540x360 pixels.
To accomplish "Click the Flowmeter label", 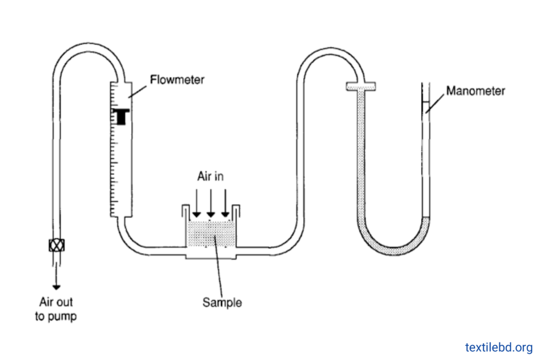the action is (x=177, y=80).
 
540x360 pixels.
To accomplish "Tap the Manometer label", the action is (x=476, y=91).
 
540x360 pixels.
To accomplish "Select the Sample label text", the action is (x=222, y=303).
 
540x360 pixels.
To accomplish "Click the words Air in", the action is (x=210, y=176).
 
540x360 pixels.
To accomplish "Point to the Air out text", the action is (x=56, y=302).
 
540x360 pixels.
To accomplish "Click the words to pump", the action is (x=56, y=316).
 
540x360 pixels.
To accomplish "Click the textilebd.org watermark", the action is (x=499, y=347).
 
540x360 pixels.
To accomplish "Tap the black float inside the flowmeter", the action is (x=121, y=116).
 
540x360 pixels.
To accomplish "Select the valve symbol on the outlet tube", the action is (x=56, y=246).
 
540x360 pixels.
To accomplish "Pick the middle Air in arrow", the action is (x=211, y=203).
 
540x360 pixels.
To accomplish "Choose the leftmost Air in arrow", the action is (x=196, y=203).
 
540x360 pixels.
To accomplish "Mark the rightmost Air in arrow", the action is (x=225, y=203).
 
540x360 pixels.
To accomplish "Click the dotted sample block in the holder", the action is (x=211, y=233).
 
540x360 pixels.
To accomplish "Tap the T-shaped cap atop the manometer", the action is (x=361, y=86).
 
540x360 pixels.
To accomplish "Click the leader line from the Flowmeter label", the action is (x=138, y=92).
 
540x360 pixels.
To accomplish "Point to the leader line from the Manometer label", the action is (x=435, y=104).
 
